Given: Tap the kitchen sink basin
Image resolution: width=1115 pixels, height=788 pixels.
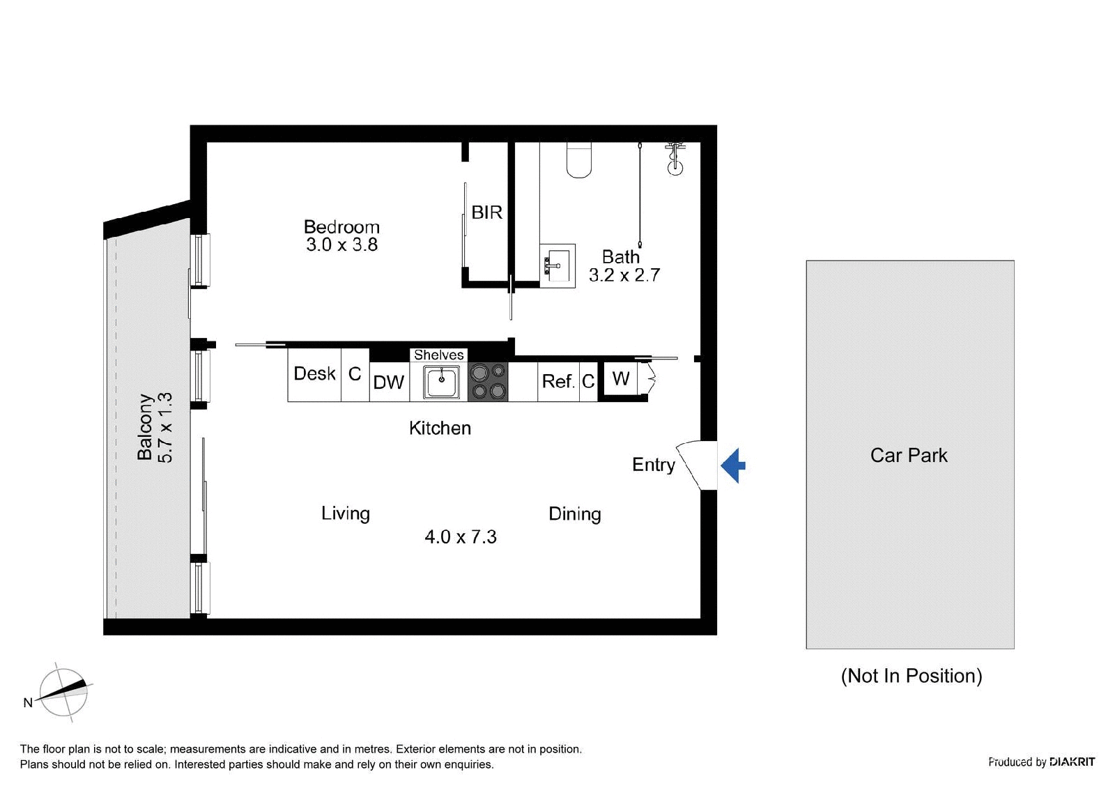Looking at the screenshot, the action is click(x=441, y=382).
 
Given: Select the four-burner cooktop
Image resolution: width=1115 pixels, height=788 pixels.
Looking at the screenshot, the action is click(x=488, y=382).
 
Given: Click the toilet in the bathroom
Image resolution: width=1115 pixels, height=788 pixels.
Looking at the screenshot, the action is click(x=579, y=160).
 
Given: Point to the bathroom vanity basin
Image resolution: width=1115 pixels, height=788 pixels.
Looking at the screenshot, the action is click(x=557, y=266).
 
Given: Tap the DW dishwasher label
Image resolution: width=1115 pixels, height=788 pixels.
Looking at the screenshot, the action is click(x=389, y=383).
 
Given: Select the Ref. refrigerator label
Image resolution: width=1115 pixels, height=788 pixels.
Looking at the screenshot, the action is click(x=558, y=381).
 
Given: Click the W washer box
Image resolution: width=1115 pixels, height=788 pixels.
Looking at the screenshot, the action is click(x=621, y=379).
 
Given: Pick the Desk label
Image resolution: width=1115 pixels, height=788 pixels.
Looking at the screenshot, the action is click(x=314, y=373).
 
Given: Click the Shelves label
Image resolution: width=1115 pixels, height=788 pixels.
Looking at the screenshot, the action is click(x=438, y=355).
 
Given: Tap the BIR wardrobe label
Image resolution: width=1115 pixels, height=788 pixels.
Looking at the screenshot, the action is click(x=487, y=213).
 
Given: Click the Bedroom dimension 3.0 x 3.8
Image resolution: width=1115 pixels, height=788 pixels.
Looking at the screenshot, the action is click(x=342, y=245).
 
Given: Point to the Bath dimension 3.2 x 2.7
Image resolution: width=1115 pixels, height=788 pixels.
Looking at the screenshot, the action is click(x=624, y=275).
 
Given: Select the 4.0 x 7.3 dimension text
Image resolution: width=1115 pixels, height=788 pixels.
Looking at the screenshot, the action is click(x=461, y=536).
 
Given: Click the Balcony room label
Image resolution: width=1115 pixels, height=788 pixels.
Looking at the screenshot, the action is click(x=145, y=427).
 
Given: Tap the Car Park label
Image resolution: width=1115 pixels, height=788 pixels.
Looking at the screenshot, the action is click(x=909, y=455).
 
